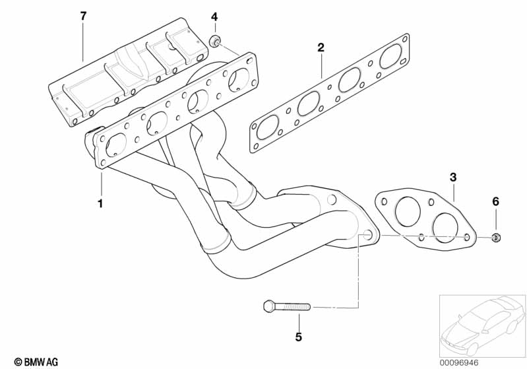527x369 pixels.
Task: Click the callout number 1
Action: tap(100, 203)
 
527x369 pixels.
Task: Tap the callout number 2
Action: tap(321, 48)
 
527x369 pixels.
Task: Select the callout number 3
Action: tap(453, 177)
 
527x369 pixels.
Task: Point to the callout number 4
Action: tap(214, 16)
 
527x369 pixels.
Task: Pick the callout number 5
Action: tap(298, 337)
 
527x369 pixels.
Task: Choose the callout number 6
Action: tap(496, 201)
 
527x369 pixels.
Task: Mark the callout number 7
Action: tap(83, 16)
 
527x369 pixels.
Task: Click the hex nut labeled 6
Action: tap(496, 236)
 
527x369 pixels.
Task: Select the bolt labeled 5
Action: tap(288, 307)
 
